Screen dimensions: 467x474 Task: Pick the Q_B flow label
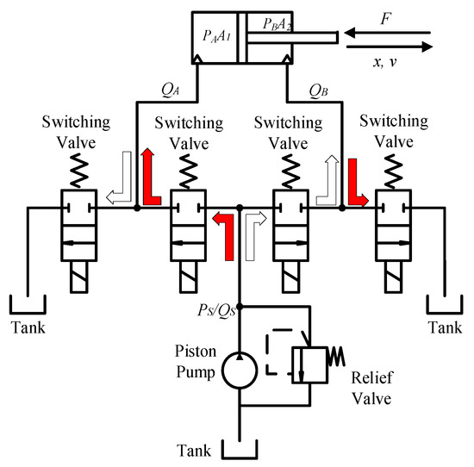coord(320,90)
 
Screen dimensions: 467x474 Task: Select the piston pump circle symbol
coord(240,371)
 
